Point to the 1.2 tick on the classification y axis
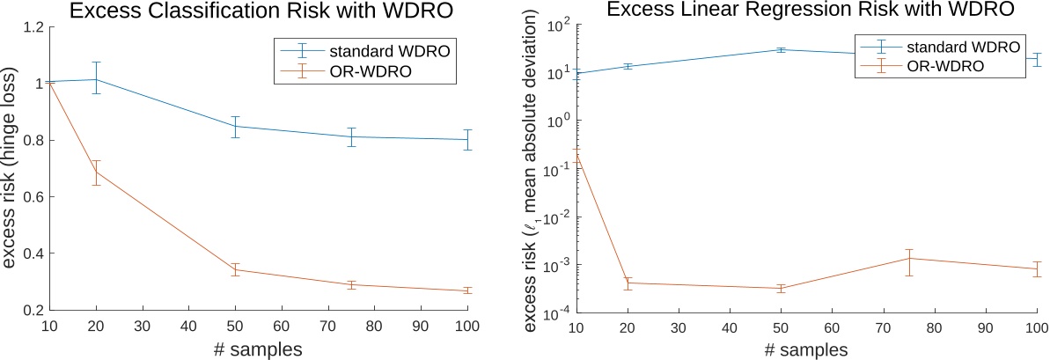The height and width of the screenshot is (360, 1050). [x=33, y=27]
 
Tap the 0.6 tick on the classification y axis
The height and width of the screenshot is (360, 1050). [x=33, y=197]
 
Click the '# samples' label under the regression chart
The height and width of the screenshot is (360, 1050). [x=804, y=349]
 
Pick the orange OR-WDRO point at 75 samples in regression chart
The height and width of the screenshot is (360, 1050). [x=908, y=258]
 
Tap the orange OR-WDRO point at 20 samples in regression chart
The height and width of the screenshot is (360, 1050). [x=628, y=283]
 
